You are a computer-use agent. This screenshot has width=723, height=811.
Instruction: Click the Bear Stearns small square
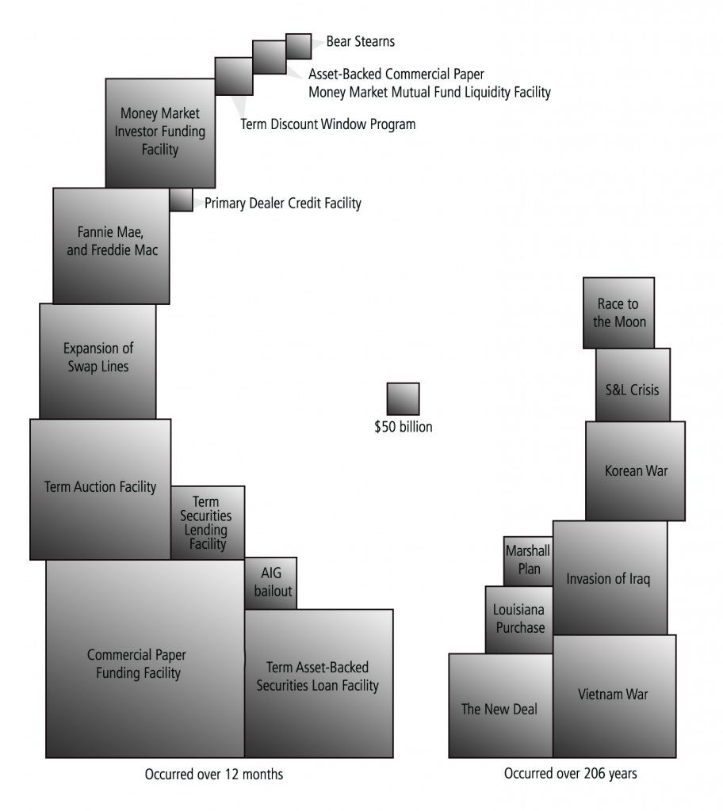tap(299, 47)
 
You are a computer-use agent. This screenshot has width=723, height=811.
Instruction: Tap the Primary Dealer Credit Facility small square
tap(182, 200)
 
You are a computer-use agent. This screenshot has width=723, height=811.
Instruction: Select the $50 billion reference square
tap(403, 399)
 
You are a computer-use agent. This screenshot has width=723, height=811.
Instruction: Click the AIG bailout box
tap(271, 584)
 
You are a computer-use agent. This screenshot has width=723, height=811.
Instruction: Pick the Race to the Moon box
tap(619, 313)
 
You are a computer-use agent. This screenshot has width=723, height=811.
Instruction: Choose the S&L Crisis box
tap(633, 385)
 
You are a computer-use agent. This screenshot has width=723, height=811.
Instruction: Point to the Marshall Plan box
tap(528, 562)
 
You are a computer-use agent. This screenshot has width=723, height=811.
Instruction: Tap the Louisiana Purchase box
tap(519, 619)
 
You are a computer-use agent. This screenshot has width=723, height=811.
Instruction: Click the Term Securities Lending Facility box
tap(208, 523)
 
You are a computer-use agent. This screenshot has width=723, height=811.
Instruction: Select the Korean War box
tap(636, 470)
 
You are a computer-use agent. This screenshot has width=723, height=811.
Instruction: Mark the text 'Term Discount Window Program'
tap(328, 124)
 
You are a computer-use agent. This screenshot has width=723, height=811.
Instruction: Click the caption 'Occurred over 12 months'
tap(214, 775)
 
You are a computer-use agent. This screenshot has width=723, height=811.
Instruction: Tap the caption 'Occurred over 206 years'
tap(570, 773)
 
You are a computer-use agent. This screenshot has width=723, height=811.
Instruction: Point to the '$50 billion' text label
tap(403, 427)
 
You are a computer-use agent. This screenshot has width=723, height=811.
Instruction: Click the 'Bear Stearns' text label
tap(361, 41)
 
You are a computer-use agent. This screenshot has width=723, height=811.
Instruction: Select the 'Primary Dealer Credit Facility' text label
tap(283, 204)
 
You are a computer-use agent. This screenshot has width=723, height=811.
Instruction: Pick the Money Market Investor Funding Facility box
tap(161, 133)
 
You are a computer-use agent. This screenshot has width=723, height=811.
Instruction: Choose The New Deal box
tap(501, 706)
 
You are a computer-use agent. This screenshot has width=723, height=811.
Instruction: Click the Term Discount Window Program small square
tap(234, 77)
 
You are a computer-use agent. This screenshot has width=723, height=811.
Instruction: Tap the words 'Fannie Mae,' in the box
tap(110, 232)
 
